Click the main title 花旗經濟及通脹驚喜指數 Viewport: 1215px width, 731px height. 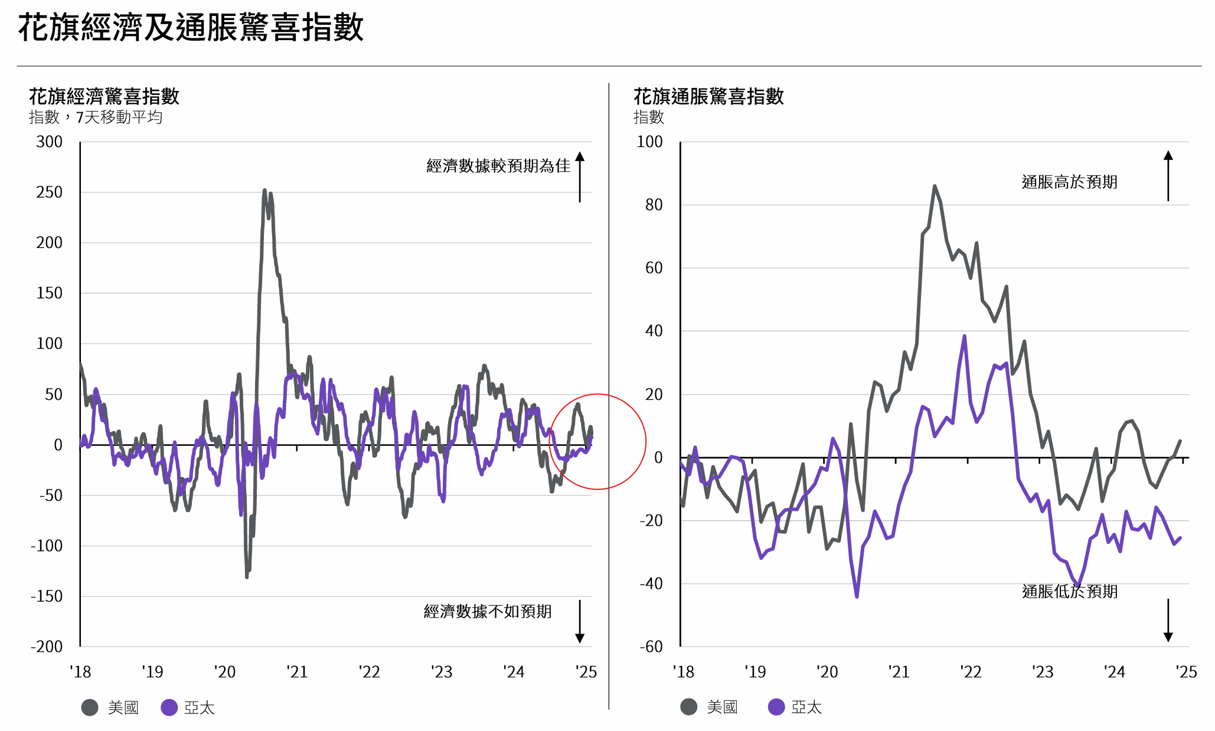coord(191,28)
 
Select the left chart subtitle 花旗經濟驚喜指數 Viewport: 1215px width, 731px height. coord(104,96)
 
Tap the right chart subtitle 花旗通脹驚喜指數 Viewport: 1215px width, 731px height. coord(708,96)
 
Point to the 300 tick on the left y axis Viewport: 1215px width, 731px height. coord(49,142)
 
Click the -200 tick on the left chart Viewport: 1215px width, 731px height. coord(47,647)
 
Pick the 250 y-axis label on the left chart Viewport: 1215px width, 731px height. coord(49,192)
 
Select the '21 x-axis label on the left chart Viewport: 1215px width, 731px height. coord(297,672)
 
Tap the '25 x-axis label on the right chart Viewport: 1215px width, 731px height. coord(1185,672)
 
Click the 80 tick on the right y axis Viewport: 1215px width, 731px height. coord(654,205)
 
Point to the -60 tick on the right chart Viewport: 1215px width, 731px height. coord(651,647)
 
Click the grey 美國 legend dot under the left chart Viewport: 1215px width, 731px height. coord(90,707)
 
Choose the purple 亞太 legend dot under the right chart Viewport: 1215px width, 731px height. coord(776,707)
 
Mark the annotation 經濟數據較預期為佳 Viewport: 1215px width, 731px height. coord(498,166)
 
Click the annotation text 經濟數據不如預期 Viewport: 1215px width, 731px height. coord(488,611)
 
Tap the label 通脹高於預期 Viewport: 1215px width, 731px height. coord(1069,182)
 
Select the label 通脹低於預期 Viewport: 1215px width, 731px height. coord(1069,591)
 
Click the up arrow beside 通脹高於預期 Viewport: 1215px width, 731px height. coord(1168,175)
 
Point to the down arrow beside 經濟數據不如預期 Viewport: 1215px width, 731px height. coord(580,621)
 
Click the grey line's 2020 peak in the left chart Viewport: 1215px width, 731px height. coord(264,191)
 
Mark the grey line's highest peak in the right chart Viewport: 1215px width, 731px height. coord(935,186)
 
